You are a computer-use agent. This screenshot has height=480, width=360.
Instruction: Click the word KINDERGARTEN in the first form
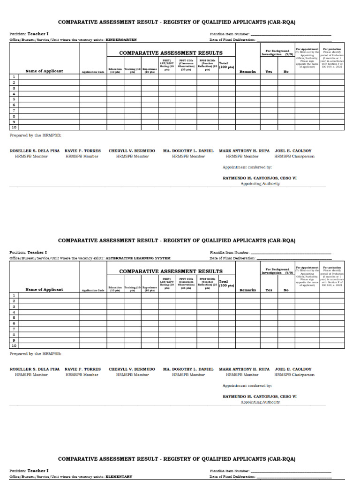click(121, 40)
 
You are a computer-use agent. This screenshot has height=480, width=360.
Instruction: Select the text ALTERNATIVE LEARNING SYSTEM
click(138, 258)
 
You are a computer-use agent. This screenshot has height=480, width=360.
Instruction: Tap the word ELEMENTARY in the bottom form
click(119, 476)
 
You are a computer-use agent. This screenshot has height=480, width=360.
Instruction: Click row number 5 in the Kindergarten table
click(14, 99)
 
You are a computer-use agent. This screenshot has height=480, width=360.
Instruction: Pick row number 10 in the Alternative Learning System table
click(14, 345)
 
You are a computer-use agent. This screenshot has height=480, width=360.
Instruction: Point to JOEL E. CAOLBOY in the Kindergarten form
click(293, 151)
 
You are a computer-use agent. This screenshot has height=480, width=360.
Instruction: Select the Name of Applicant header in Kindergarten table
click(44, 71)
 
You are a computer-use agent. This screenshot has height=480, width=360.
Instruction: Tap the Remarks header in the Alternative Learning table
click(247, 290)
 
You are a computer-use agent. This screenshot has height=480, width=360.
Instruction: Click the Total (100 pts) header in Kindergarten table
click(226, 66)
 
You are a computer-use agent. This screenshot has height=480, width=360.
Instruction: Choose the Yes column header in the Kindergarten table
click(269, 72)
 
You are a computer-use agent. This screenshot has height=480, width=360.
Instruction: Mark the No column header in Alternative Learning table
click(286, 290)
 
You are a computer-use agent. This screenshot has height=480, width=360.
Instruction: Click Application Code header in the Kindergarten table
click(93, 72)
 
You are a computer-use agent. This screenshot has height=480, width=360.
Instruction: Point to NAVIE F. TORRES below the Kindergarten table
click(82, 151)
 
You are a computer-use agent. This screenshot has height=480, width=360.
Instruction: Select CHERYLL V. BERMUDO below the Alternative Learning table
click(132, 369)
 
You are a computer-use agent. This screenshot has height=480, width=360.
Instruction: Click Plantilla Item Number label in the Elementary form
click(230, 471)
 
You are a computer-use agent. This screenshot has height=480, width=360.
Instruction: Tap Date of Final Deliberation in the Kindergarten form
click(232, 40)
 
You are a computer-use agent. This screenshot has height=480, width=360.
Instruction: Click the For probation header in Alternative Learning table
click(332, 268)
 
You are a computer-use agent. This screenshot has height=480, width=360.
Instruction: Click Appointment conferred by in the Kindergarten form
click(247, 167)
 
